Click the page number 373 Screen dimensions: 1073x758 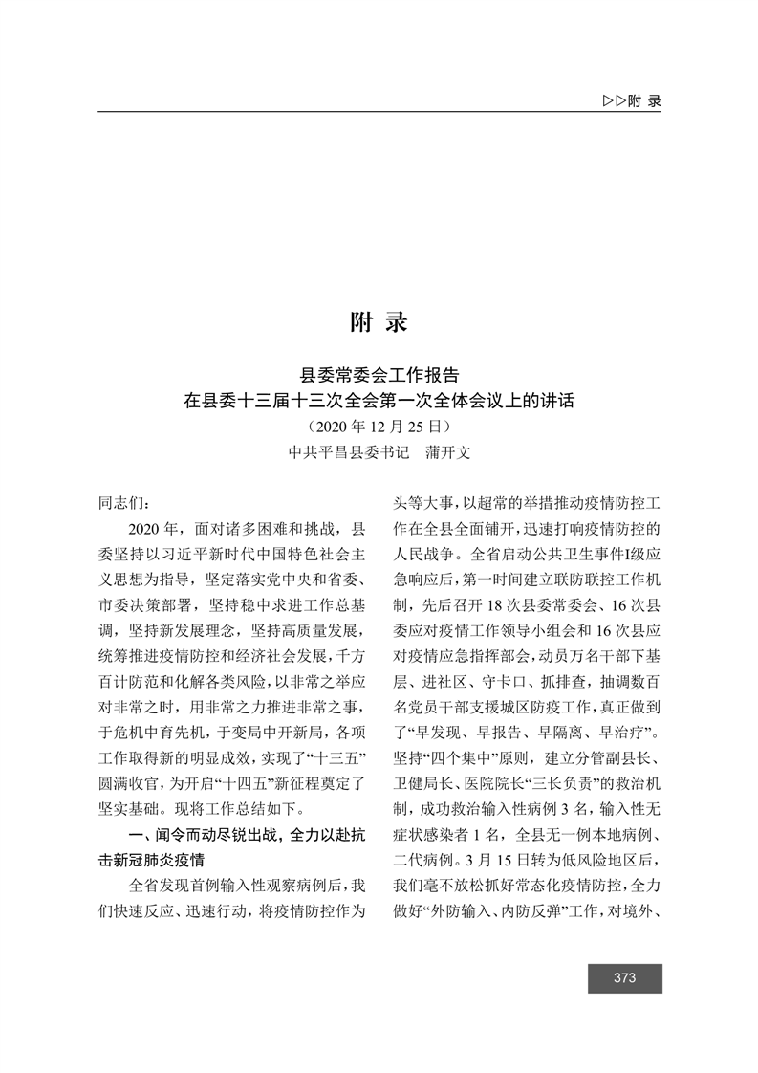tap(625, 977)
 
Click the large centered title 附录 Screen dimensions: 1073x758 tap(379, 322)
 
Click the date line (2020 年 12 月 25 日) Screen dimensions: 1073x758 tap(379, 426)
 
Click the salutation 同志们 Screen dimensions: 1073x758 tap(123, 501)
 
